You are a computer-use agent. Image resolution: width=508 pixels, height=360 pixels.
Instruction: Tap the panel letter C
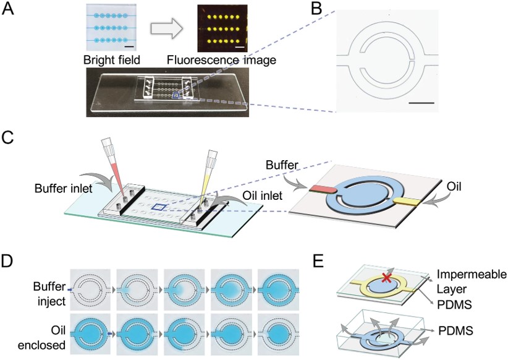pyautogui.click(x=9, y=136)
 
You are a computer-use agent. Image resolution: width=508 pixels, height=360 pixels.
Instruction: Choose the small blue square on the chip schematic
pyautogui.click(x=159, y=208)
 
